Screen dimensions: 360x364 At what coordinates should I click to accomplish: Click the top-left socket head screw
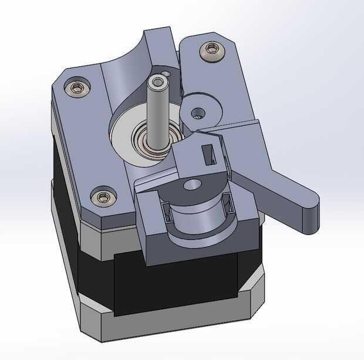click(x=76, y=89)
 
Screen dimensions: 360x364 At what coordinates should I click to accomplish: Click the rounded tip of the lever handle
click(x=314, y=211)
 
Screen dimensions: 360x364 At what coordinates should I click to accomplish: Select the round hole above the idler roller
click(x=192, y=185)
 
